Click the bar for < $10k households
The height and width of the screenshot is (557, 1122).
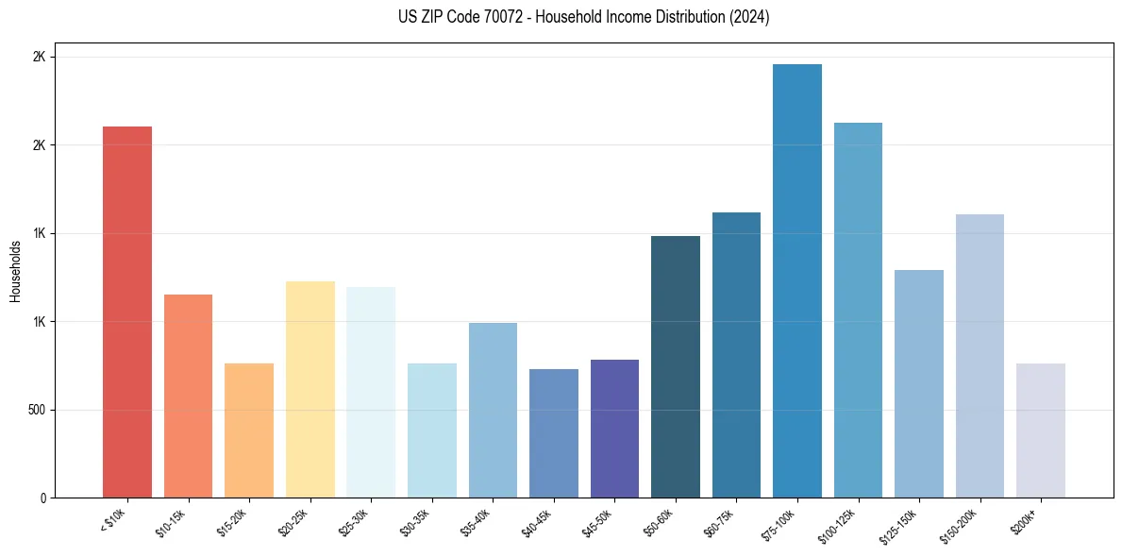click(x=127, y=312)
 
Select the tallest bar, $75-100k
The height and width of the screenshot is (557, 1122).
click(x=797, y=280)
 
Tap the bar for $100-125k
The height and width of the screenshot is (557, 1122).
click(x=858, y=310)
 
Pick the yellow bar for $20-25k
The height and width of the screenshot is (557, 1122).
click(x=310, y=389)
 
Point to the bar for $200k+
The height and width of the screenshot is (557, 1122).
click(x=1041, y=430)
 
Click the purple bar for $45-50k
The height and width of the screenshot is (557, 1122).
click(x=614, y=429)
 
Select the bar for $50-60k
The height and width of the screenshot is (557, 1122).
click(x=676, y=366)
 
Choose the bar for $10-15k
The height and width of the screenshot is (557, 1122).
click(x=189, y=396)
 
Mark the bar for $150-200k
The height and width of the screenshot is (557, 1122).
click(x=980, y=356)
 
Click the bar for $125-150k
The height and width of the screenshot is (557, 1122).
click(x=919, y=383)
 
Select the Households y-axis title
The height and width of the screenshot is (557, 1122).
click(x=15, y=271)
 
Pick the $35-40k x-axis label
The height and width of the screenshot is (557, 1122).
click(x=476, y=522)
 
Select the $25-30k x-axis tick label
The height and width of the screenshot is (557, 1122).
click(x=354, y=522)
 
